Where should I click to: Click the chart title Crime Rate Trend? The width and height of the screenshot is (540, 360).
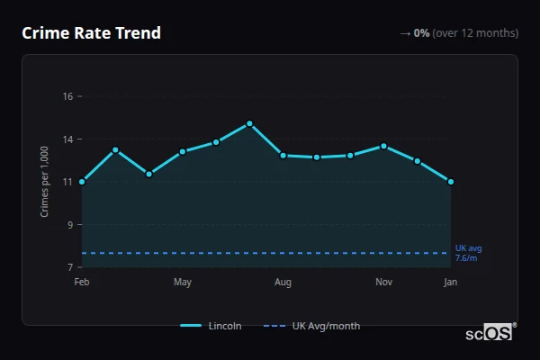coord(91,33)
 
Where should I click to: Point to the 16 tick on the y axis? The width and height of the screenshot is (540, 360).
coord(67,96)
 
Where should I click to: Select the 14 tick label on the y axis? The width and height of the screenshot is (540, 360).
coord(67,139)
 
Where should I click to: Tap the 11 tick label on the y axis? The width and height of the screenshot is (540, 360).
coord(67,182)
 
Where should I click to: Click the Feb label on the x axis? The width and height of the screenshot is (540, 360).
coord(82,283)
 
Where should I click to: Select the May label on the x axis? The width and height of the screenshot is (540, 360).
coord(183,283)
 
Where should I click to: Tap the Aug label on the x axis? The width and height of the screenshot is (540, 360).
coord(283,283)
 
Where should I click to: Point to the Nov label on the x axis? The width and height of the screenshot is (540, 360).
coord(383,283)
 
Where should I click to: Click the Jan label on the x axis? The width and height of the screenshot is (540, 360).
coord(451,283)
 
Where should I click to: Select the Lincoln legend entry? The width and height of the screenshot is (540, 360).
coord(211,326)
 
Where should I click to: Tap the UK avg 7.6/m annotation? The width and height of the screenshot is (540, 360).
coord(468,253)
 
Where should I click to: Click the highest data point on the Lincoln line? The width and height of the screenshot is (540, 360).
coord(249,123)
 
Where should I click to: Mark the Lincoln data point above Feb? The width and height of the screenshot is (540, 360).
coord(82,182)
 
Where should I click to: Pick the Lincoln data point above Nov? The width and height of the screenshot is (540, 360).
coord(384,146)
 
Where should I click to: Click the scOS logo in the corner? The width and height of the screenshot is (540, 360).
coord(490,333)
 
